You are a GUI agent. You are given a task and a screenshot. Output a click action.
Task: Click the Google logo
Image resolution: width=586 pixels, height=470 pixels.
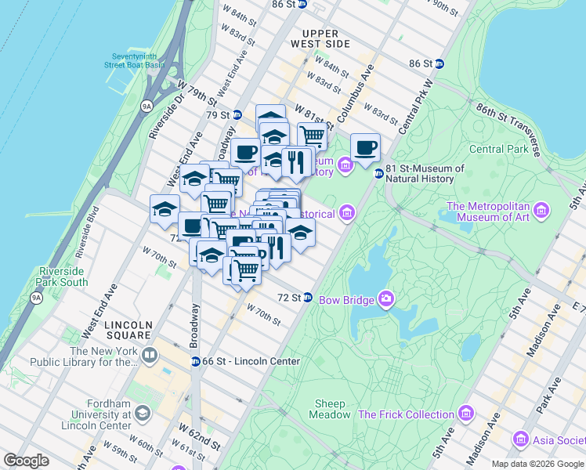(27, 461)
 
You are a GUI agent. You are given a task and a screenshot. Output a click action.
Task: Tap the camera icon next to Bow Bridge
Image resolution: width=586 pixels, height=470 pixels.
(385, 298)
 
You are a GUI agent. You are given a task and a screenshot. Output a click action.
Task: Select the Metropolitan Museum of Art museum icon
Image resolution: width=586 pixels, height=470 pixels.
(541, 210)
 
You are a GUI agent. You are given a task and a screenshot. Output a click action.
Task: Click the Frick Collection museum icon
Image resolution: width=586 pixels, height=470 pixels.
(466, 414)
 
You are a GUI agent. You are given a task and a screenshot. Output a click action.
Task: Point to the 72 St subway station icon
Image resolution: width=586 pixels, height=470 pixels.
(308, 298)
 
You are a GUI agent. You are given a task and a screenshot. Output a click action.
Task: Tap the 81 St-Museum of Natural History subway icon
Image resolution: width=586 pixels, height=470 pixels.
(378, 173)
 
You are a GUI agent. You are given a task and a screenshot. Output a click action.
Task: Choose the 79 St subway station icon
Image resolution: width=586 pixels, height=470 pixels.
(237, 115)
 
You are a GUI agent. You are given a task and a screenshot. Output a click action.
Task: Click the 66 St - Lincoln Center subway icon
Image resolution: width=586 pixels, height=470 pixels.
(195, 361)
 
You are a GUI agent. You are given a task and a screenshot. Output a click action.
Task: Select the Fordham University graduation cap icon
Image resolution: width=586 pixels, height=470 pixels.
(142, 412)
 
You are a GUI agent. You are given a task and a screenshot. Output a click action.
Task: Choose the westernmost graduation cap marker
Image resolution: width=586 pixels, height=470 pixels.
(165, 208)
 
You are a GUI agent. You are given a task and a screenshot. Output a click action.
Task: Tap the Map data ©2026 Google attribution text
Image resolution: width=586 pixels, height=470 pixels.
(537, 464)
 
